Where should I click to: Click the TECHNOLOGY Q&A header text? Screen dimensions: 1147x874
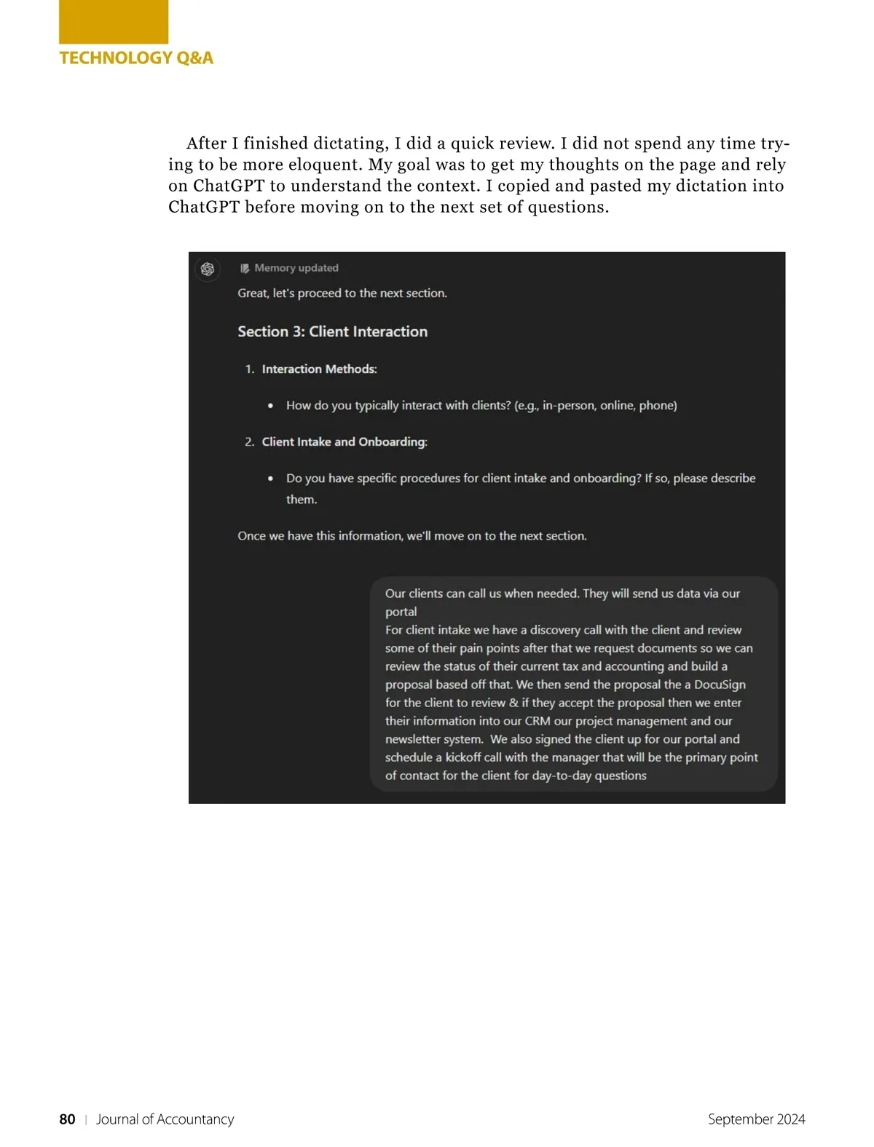click(136, 58)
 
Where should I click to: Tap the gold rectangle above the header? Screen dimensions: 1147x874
click(114, 22)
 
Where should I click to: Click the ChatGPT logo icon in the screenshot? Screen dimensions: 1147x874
click(208, 269)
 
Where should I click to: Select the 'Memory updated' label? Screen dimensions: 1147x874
click(296, 268)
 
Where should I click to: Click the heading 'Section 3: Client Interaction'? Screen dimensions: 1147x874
click(332, 332)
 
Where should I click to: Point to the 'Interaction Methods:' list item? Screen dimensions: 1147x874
click(319, 369)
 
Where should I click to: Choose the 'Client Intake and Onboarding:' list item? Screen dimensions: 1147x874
click(345, 442)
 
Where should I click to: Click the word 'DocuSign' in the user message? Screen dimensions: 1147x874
click(720, 685)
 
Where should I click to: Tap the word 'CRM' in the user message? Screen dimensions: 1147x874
click(538, 721)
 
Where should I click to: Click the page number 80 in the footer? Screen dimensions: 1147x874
click(67, 1119)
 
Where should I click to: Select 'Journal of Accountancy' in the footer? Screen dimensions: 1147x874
click(165, 1119)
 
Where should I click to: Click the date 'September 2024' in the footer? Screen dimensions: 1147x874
click(756, 1119)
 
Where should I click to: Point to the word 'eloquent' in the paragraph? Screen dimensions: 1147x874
click(323, 165)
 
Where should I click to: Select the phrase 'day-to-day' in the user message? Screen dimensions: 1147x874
click(562, 776)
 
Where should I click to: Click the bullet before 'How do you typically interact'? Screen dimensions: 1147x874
click(271, 406)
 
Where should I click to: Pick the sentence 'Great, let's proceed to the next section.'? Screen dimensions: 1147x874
click(342, 293)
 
